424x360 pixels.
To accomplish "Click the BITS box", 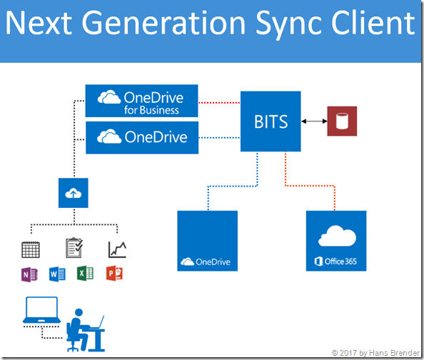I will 271,121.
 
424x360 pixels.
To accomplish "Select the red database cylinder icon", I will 341,121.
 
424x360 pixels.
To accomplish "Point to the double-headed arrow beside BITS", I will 313,121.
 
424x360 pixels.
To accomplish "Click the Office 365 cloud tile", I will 336,241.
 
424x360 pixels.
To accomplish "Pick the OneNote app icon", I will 30,274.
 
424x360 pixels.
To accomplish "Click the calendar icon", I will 31,249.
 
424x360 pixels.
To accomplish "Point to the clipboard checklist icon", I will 74,248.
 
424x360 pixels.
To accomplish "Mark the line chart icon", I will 117,249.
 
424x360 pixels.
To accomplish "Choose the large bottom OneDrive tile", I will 208,241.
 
